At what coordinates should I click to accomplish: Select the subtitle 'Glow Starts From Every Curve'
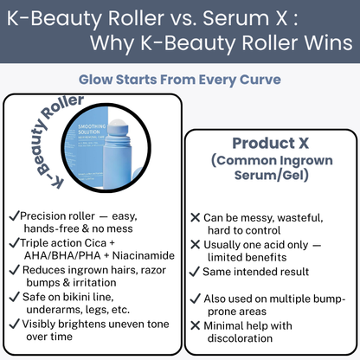click(180, 80)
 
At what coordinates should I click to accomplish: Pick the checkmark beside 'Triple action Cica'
click(12, 242)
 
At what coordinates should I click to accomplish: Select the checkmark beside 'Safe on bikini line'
click(12, 296)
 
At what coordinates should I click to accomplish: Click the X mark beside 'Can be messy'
click(196, 218)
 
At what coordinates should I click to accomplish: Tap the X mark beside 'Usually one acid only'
click(196, 245)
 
